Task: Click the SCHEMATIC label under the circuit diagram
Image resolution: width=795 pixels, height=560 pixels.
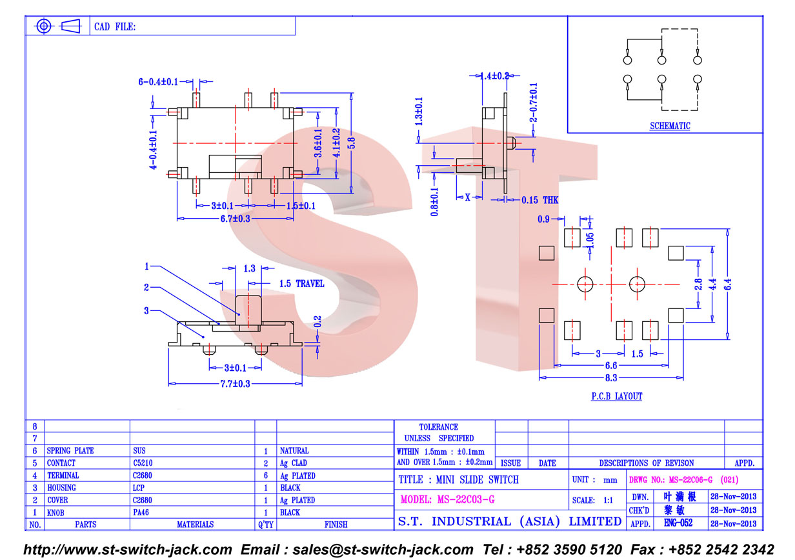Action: pos(670,126)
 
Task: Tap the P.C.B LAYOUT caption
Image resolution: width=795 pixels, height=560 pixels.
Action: pos(616,396)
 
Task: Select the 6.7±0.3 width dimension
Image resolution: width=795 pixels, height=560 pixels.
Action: pos(235,219)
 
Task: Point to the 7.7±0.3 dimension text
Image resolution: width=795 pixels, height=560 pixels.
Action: pos(235,384)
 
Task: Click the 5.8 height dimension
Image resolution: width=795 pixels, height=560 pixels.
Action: pos(351,143)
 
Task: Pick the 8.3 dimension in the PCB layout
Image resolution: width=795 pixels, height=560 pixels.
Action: pos(611,378)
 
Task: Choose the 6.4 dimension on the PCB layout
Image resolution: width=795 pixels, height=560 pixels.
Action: pos(727,285)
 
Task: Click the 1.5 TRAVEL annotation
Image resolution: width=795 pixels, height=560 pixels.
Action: pos(301,284)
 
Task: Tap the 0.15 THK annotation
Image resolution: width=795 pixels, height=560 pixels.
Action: pos(539,200)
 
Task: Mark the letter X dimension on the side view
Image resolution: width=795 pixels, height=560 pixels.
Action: pos(467,197)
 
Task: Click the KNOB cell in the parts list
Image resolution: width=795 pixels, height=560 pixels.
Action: pos(55,513)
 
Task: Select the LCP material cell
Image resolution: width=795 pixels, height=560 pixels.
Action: pos(138,488)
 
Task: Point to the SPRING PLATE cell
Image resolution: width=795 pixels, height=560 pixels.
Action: pos(70,451)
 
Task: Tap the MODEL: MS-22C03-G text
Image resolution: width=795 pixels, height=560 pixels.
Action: pos(447,499)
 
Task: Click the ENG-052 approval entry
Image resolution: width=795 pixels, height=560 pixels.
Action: pos(678,523)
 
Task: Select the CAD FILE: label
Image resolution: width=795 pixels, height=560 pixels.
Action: pos(115,26)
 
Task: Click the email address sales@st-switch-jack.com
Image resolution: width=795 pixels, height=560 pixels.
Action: pos(383,549)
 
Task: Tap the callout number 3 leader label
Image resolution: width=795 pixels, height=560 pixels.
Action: pos(146,311)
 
